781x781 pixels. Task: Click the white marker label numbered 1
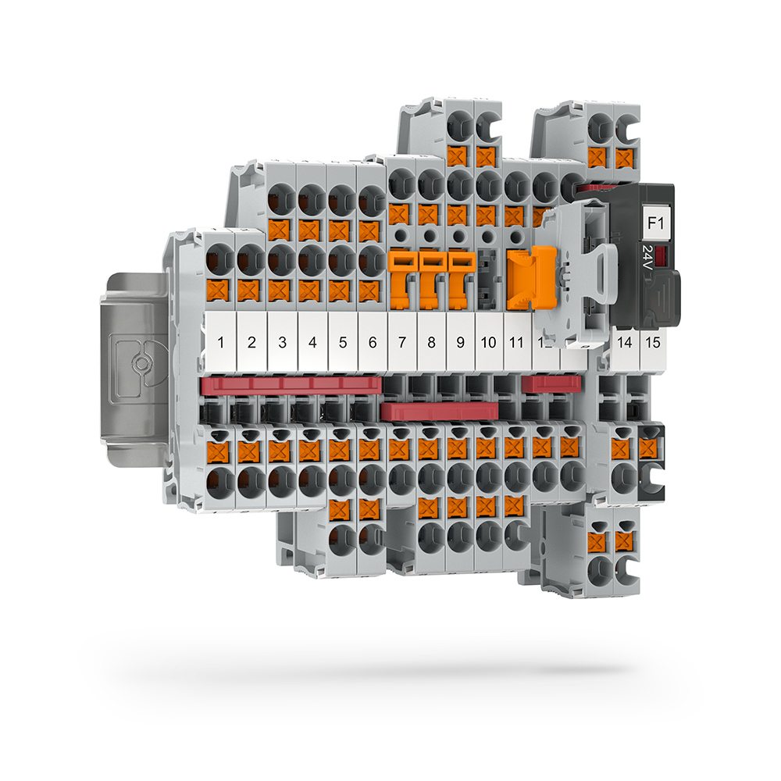click(x=221, y=341)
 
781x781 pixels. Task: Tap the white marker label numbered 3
click(x=282, y=341)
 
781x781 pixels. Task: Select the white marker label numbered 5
click(x=343, y=341)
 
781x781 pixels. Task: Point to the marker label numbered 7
click(x=402, y=341)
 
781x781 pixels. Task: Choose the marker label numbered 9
click(x=461, y=341)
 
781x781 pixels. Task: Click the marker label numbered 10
click(x=490, y=341)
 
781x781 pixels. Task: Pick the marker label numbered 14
click(x=624, y=341)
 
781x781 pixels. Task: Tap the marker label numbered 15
click(x=653, y=341)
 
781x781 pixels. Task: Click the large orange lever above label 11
click(x=520, y=277)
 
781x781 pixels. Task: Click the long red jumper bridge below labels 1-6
click(x=291, y=384)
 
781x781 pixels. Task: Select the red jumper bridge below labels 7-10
click(x=440, y=412)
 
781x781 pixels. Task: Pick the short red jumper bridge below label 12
click(x=551, y=383)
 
